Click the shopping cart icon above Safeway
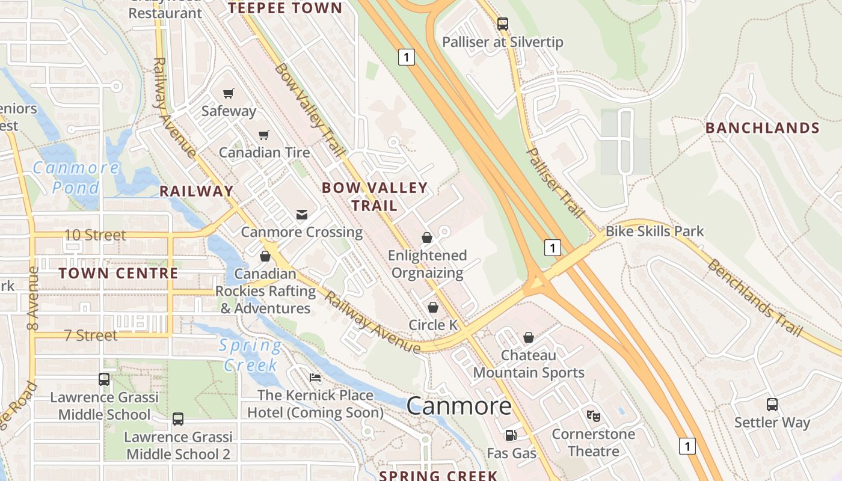pos(228,93)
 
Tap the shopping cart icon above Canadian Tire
pos(263,135)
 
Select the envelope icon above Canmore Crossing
pos(301,214)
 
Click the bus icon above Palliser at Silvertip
pos(502,24)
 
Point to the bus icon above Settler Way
pos(772,405)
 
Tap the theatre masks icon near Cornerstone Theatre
pos(594,415)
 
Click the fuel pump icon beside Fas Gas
pos(511,435)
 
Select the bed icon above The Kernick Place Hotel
pos(315,378)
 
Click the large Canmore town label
pos(459,406)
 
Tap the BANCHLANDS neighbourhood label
pos(762,128)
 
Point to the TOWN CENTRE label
pos(118,273)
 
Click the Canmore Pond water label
pos(76,177)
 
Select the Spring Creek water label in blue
pos(250,355)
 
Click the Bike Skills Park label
pos(654,231)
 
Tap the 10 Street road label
pos(95,235)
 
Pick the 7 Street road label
pos(91,335)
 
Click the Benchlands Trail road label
pos(755,298)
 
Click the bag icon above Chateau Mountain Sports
pos(529,337)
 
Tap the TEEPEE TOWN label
pos(285,8)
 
